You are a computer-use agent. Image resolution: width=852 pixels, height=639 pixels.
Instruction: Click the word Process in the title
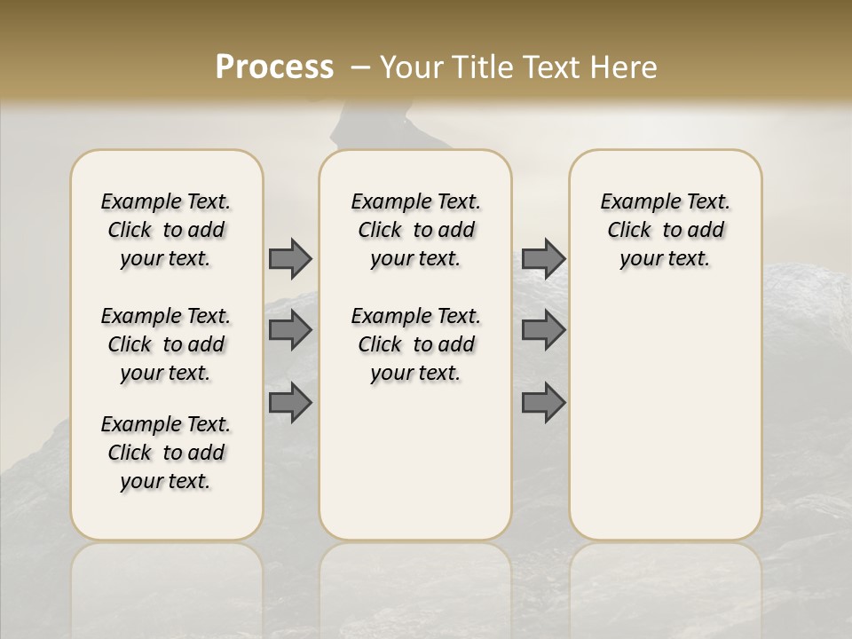click(x=274, y=67)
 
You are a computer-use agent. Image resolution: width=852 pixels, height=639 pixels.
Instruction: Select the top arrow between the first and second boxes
click(x=290, y=258)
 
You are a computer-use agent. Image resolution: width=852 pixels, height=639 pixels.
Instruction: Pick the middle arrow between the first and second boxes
click(x=290, y=330)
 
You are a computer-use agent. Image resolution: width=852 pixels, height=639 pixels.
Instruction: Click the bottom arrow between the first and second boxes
click(x=290, y=402)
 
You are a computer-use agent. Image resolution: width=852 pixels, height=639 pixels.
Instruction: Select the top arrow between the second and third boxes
click(x=543, y=258)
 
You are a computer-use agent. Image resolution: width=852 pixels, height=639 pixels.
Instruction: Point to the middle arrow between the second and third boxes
click(x=543, y=330)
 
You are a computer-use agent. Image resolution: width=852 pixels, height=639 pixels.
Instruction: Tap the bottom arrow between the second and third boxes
click(x=543, y=402)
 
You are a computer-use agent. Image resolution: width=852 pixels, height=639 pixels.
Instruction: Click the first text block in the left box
click(x=166, y=230)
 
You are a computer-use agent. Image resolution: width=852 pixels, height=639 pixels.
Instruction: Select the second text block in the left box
click(x=166, y=344)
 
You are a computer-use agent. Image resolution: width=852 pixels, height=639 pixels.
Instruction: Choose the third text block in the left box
click(x=166, y=453)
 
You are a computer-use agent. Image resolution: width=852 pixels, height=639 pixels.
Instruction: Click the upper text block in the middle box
click(x=415, y=230)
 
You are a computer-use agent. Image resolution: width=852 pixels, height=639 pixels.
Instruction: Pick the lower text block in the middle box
click(x=415, y=344)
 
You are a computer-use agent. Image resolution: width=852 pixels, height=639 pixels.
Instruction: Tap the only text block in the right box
click(x=665, y=230)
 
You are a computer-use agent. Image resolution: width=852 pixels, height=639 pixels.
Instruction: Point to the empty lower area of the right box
click(x=665, y=417)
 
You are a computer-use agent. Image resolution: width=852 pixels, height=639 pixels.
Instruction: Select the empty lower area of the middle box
click(x=415, y=461)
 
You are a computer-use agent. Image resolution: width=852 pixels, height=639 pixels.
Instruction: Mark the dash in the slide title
click(x=359, y=67)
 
